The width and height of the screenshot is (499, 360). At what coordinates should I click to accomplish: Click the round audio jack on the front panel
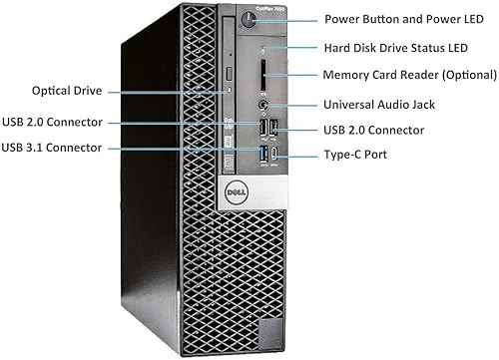[x=262, y=102]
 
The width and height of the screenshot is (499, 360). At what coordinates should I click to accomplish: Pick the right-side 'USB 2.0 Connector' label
[x=373, y=130]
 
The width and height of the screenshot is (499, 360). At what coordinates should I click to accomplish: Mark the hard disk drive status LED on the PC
[x=263, y=48]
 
